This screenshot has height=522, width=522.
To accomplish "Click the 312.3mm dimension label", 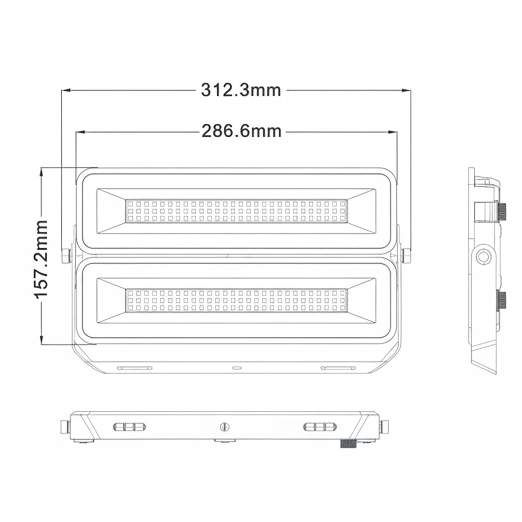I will coord(241,90).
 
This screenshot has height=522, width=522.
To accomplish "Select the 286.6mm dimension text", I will coord(241,131).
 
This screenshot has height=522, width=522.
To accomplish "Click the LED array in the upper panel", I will coord(236,211).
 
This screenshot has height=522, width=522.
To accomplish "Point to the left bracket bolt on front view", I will coord(66,255).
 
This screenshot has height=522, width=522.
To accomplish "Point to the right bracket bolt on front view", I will coord(407,255).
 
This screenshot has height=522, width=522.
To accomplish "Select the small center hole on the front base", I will coord(237,368).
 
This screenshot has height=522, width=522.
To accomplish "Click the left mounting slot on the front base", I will coord(135,368).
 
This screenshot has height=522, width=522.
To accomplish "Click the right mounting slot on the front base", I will coord(338,368).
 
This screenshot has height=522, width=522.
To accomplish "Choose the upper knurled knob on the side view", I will coord(502,209).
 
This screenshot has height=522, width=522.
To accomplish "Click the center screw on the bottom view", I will coord(223,426).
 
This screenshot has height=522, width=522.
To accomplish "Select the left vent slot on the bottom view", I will coord(129,427).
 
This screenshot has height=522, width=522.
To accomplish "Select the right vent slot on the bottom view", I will coord(320,427).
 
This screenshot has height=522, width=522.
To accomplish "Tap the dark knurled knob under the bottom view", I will coord(348,444).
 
